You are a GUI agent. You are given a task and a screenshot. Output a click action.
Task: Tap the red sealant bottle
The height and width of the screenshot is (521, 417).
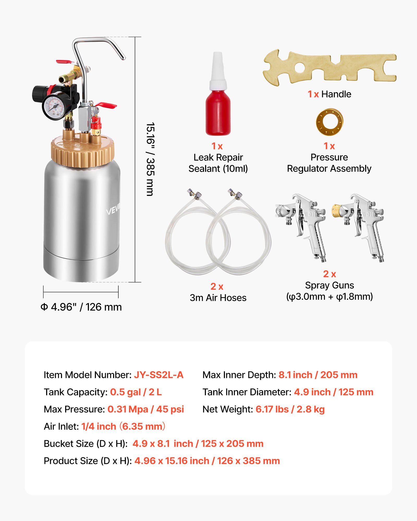tap(218, 112)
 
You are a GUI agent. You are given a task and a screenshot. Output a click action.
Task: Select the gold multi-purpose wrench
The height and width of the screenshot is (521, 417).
tap(330, 67)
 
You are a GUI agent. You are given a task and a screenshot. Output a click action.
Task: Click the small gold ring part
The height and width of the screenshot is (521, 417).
tap(329, 122)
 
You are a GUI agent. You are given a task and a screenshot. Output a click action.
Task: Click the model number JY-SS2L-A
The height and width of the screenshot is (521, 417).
tap(159, 375)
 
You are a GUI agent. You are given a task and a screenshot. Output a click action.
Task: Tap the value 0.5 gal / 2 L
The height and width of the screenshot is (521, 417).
tap(136, 392)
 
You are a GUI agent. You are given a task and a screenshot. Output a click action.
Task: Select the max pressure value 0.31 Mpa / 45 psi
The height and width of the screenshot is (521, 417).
tap(146, 409)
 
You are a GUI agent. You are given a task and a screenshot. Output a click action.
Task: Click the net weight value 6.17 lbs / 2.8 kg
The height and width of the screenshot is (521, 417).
tap(290, 409)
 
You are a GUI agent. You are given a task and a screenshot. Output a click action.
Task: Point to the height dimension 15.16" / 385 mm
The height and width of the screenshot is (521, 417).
tap(150, 159)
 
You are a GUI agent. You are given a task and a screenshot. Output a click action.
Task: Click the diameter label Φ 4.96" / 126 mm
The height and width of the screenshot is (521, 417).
tap(81, 307)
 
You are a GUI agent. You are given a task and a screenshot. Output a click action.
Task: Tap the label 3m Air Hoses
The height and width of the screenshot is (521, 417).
tap(218, 298)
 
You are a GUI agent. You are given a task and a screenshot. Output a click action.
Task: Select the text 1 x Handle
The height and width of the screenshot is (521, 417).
tap(329, 94)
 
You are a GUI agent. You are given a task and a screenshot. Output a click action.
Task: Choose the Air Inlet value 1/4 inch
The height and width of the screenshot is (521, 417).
tap(99, 426)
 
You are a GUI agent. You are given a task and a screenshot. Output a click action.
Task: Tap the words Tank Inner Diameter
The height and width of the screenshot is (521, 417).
tap(247, 392)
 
